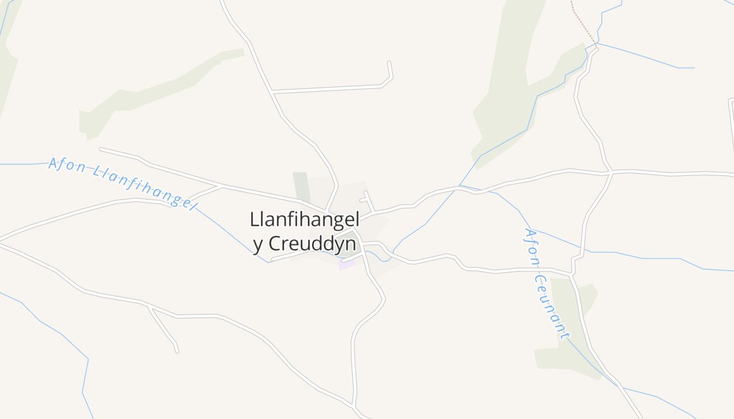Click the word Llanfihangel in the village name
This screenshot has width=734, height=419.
click(x=304, y=220)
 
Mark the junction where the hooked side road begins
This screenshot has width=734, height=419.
click(x=273, y=93)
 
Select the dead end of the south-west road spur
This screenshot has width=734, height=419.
click(x=177, y=351)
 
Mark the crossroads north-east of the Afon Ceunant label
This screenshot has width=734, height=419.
click(x=611, y=172)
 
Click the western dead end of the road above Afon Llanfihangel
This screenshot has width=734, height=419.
click(x=101, y=149)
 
